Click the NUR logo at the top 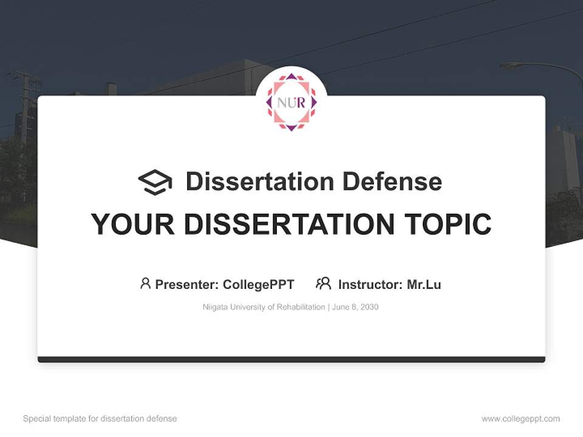[291, 102]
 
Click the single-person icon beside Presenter [145, 283]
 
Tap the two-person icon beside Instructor [323, 283]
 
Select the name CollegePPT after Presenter [259, 285]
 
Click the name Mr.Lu [424, 285]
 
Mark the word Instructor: [370, 285]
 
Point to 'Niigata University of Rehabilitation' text [264, 307]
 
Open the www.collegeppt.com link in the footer [520, 419]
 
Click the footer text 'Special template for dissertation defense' [100, 419]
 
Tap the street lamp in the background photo [513, 66]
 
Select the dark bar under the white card [291, 359]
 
